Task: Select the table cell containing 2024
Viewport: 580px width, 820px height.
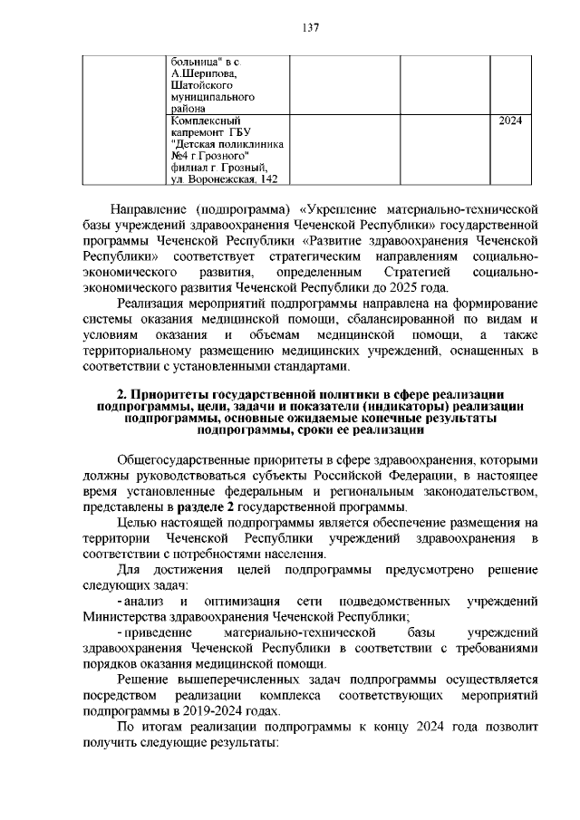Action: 511,120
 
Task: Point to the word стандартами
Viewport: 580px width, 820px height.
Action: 313,366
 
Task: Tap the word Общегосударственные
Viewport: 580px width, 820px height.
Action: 186,459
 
